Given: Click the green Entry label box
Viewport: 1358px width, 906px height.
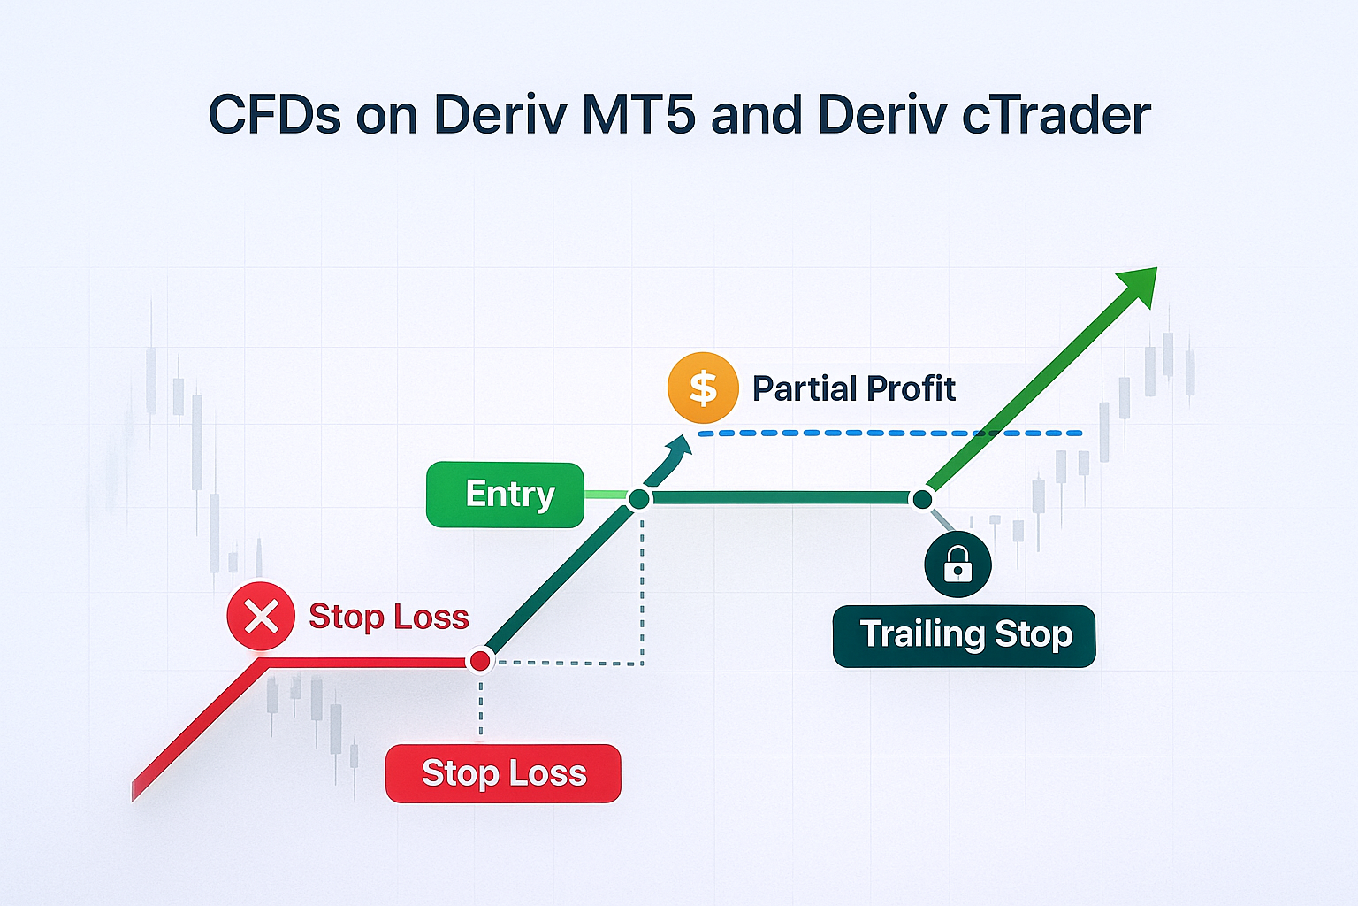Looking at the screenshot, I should click(505, 495).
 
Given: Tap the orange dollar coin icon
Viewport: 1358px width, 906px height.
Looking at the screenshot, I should click(703, 388).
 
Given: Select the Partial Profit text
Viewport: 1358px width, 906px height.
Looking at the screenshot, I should click(853, 388).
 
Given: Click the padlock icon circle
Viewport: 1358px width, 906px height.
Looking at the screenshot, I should click(957, 564).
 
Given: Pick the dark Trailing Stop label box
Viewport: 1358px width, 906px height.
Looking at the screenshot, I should click(964, 635).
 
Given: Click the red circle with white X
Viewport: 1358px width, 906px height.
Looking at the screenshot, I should click(261, 616).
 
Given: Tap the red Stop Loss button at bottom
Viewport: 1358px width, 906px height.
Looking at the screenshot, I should click(503, 773).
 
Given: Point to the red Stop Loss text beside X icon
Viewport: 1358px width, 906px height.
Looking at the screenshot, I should click(388, 617).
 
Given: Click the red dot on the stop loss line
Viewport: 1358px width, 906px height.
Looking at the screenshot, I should click(480, 661).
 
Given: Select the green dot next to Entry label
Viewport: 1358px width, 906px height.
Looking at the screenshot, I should click(639, 499).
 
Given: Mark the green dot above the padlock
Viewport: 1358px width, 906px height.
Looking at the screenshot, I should click(922, 499).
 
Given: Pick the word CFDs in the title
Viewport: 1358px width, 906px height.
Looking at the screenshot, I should click(274, 115).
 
